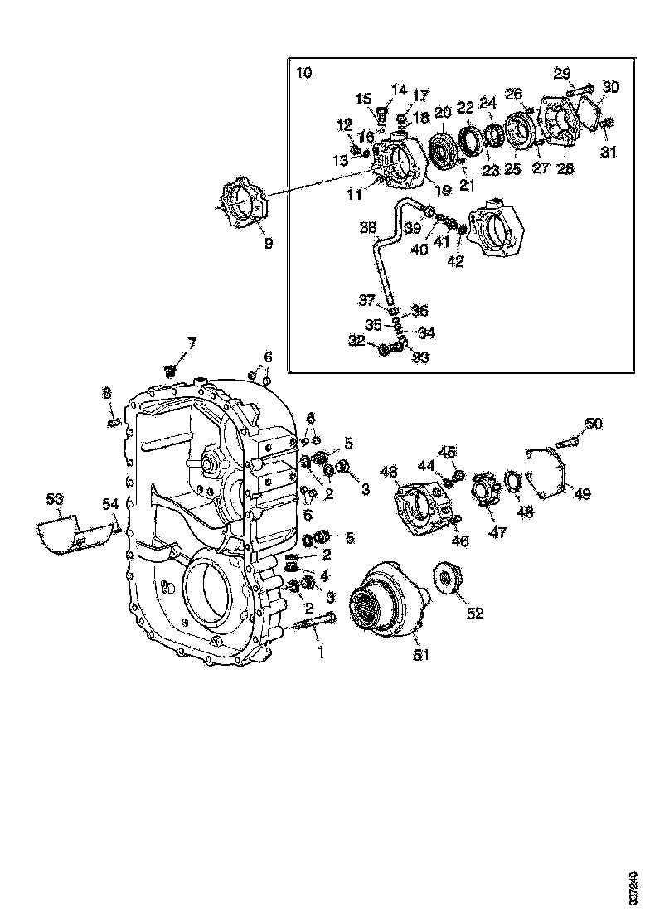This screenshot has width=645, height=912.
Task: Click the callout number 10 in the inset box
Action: pyautogui.click(x=304, y=73)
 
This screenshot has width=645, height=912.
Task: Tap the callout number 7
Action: pyautogui.click(x=192, y=342)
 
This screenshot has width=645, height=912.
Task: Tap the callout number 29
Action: pyautogui.click(x=563, y=73)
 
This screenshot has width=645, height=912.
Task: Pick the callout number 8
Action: pyautogui.click(x=107, y=392)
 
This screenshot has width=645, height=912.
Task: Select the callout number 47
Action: pyautogui.click(x=497, y=533)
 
